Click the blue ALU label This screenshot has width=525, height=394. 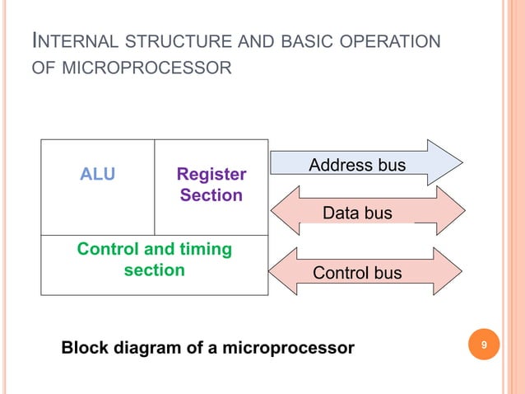pos(97,174)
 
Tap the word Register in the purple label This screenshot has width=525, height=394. pos(211,175)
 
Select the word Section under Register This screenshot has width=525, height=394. pos(211,195)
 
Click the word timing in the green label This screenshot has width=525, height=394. pos(206,250)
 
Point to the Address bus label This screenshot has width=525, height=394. pos(357,165)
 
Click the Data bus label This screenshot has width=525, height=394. pos(357,213)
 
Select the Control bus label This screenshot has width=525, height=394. pos(357,273)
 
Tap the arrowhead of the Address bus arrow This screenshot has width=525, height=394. pos(445,162)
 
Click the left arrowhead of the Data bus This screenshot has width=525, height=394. pos(285,210)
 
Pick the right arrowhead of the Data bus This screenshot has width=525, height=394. pos(451,210)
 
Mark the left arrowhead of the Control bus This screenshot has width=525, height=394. pos(282,272)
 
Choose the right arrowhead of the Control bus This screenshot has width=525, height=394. pos(448,272)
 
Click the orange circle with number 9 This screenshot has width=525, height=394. pos(484,345)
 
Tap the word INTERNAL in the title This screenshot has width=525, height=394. pos(76,41)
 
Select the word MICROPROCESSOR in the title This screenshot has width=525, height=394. pos(146,68)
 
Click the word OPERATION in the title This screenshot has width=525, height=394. pos(390,41)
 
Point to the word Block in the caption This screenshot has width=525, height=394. pos(85,347)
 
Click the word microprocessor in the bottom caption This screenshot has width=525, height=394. pos(288,348)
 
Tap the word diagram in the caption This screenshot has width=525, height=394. pos(148,348)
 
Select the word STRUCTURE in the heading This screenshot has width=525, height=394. pos(179,41)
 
